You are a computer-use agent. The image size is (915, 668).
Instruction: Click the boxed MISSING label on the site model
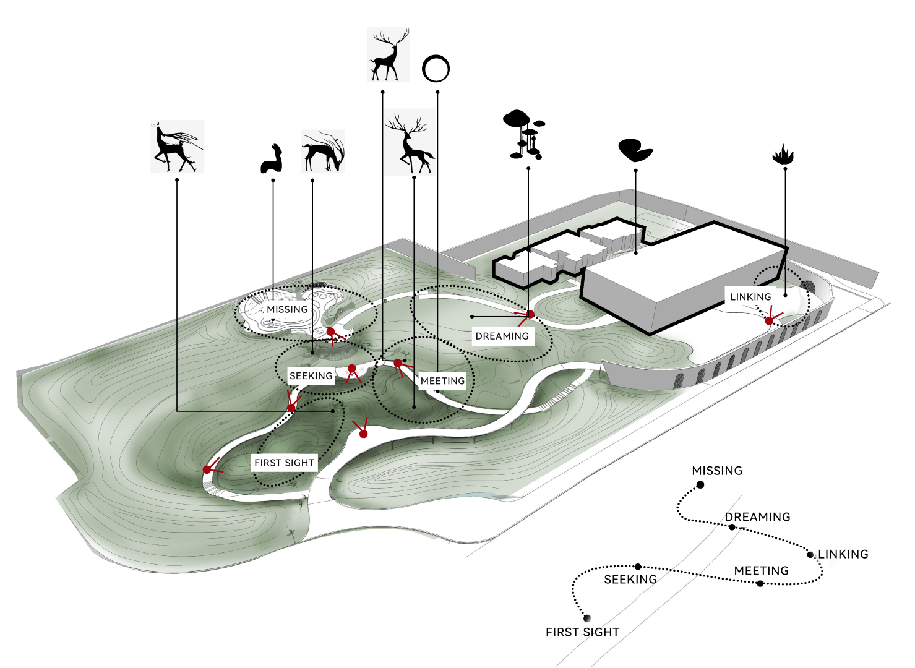(287, 309)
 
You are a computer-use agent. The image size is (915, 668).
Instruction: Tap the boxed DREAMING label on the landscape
(502, 336)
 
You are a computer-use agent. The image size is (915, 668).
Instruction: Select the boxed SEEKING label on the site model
(311, 376)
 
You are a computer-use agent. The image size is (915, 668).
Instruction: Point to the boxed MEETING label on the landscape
(442, 381)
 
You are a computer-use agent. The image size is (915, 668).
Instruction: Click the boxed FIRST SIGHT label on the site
(284, 463)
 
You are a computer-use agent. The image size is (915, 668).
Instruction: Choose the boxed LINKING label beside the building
(750, 297)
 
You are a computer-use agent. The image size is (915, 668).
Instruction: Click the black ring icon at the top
(436, 69)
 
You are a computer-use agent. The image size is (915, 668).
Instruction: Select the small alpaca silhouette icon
(272, 159)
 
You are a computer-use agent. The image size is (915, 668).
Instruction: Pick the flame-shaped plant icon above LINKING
(783, 155)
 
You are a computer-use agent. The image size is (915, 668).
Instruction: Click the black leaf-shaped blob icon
(635, 150)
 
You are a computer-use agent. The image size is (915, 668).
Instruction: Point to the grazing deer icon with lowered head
(323, 151)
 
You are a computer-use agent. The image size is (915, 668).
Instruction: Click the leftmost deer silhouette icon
(177, 147)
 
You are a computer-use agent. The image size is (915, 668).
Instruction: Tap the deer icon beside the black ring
(389, 54)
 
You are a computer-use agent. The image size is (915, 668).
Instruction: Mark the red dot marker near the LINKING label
(769, 321)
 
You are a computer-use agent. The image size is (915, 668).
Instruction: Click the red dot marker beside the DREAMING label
(530, 315)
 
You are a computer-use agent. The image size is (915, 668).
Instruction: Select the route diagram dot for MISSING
(700, 485)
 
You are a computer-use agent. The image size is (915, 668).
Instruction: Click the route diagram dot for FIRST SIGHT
(586, 618)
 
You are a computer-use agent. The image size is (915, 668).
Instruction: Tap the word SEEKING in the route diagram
(630, 580)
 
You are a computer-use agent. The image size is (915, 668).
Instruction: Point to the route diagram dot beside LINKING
(810, 555)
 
